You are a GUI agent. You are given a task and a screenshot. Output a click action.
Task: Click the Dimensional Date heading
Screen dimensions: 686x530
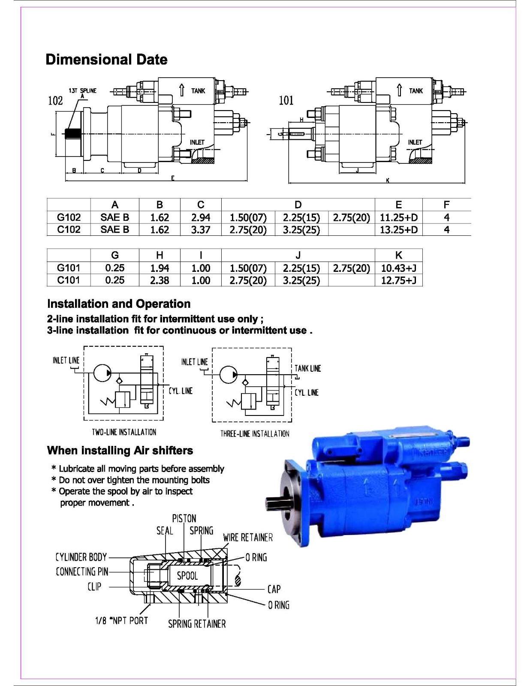click(106, 59)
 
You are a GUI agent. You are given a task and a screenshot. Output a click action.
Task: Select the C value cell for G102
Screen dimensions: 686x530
click(200, 217)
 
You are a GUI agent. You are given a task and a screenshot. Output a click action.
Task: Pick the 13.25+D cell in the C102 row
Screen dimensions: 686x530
click(398, 229)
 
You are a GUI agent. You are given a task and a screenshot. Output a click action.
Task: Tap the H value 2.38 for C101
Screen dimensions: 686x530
click(159, 280)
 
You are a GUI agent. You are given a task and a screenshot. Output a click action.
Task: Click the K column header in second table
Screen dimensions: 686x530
click(398, 255)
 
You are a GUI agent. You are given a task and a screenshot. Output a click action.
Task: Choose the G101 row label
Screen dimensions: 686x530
click(69, 268)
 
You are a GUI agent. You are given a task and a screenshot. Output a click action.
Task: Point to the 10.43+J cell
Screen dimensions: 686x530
click(398, 268)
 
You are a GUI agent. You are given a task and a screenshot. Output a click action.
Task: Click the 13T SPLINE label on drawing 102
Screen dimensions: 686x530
click(83, 90)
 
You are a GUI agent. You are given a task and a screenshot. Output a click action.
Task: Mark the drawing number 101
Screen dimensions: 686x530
click(286, 101)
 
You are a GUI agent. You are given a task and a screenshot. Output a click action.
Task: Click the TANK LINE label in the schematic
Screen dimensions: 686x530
click(307, 368)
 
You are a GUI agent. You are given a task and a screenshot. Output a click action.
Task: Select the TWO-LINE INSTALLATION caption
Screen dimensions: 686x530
click(124, 432)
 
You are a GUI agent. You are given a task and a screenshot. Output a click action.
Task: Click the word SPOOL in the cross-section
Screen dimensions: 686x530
click(187, 575)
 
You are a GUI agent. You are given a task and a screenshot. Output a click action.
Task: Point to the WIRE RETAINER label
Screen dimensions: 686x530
click(247, 537)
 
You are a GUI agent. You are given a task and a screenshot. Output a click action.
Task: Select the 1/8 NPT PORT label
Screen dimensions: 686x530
click(121, 620)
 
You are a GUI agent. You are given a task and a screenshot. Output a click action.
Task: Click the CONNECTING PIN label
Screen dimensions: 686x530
click(81, 572)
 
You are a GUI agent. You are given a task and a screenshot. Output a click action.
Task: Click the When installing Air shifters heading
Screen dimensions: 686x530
click(120, 450)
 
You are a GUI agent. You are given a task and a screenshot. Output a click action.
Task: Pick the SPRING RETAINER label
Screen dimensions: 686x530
click(197, 624)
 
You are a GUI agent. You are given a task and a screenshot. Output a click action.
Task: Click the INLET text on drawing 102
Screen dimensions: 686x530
click(197, 142)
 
